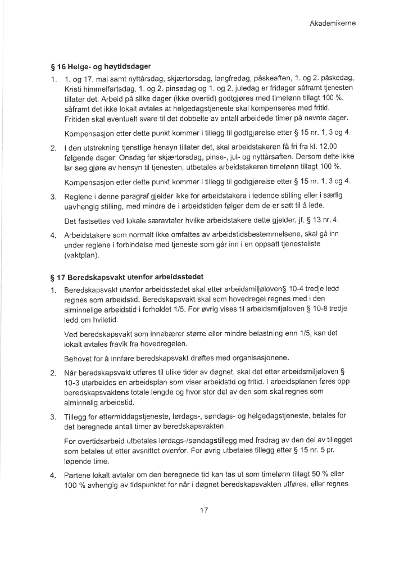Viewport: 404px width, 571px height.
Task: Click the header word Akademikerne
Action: click(x=333, y=24)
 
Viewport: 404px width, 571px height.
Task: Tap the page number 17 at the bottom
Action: click(x=205, y=510)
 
